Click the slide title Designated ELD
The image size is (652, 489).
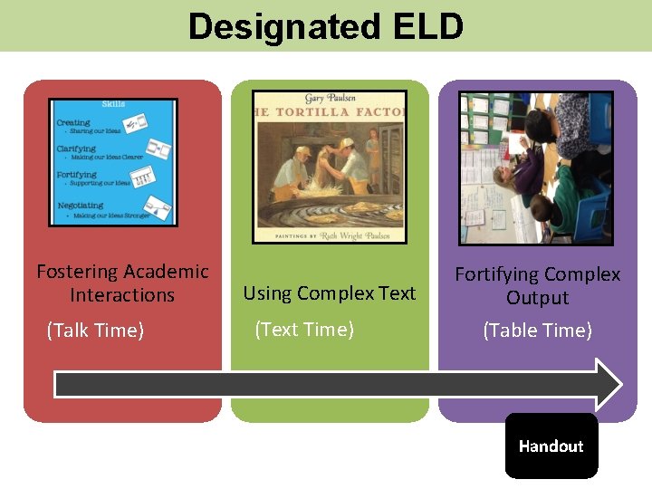point(325,26)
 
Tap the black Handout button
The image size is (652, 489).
point(551,446)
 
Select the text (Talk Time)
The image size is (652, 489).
point(95,331)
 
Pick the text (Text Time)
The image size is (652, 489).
point(304,330)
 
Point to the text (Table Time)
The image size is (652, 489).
point(537,331)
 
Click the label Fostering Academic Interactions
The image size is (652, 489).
point(122,283)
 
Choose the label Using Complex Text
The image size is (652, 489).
point(330,293)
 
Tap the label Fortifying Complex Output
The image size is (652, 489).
point(537,285)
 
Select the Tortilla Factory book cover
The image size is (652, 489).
point(330,167)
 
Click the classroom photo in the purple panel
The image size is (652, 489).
point(536,168)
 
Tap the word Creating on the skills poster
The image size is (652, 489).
point(73,122)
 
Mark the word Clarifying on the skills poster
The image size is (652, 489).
point(76,148)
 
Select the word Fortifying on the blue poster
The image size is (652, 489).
point(77,175)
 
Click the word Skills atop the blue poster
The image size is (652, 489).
point(113,105)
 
